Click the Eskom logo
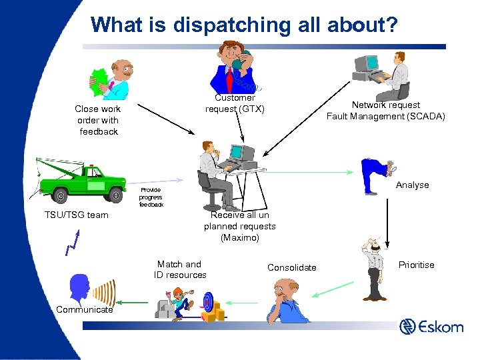tap(431, 327)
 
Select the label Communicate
tap(85, 309)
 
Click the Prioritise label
tap(416, 265)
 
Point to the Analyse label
tap(412, 185)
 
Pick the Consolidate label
tap(292, 267)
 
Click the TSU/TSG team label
tap(76, 215)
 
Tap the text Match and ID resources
tap(180, 269)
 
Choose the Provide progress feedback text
tap(151, 197)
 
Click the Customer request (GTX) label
tap(235, 103)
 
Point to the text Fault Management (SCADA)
tap(386, 116)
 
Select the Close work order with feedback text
tap(98, 120)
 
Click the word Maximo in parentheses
tap(240, 237)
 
